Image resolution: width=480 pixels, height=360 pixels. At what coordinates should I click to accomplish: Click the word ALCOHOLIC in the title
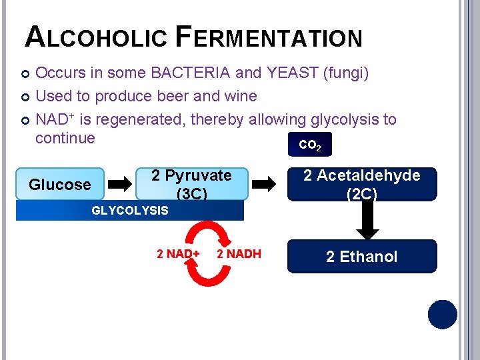95,37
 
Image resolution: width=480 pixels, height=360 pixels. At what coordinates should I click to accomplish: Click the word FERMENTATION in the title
269,37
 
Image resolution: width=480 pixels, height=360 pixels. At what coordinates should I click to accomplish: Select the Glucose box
60,185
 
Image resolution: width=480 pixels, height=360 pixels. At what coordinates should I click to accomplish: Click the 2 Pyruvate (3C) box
191,184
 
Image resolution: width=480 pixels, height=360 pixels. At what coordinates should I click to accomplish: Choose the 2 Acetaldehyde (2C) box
361,184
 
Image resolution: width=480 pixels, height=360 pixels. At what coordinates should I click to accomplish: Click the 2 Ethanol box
361,257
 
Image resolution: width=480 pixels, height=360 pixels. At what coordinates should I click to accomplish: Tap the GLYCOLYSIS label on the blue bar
129,211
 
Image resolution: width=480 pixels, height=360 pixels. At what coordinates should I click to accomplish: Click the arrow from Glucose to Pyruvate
120,185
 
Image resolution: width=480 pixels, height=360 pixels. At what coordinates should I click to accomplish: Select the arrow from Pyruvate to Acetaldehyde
267,185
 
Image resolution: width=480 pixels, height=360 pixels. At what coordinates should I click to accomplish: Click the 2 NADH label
239,254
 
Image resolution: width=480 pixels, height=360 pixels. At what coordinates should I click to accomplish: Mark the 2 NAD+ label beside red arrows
178,254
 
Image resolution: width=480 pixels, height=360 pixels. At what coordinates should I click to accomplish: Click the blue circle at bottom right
442,315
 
